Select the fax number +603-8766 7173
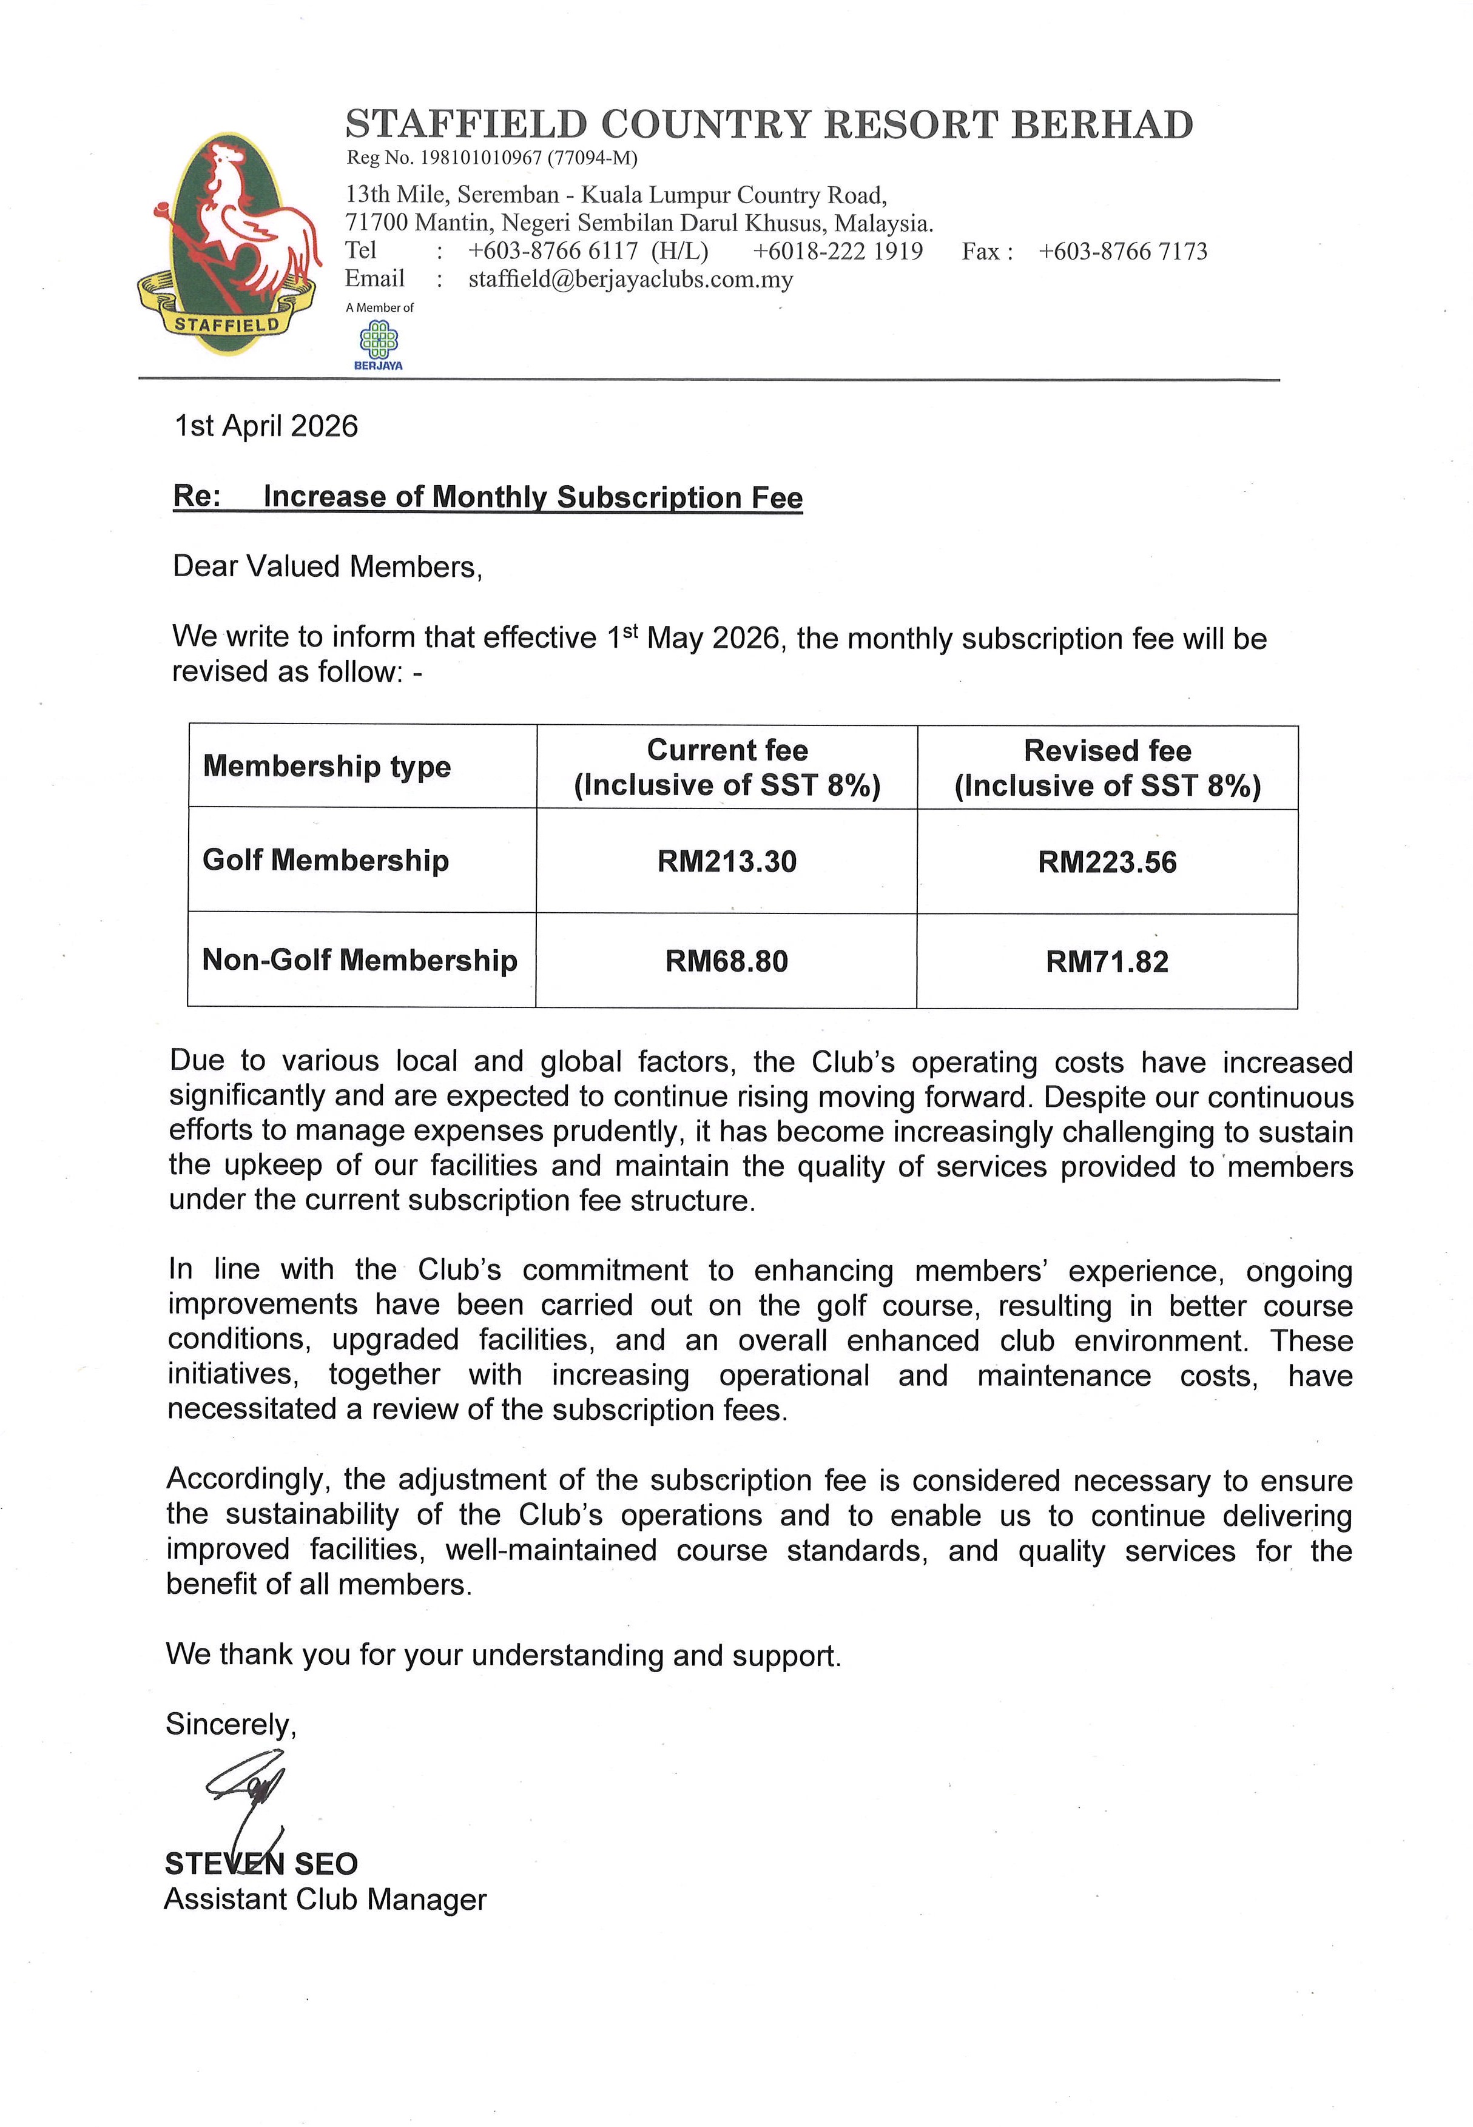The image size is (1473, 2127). point(1122,252)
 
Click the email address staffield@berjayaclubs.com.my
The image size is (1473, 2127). point(630,280)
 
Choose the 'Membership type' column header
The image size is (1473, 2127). point(327,766)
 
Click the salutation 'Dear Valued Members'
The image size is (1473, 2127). point(327,566)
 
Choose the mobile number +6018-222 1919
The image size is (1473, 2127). point(837,252)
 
